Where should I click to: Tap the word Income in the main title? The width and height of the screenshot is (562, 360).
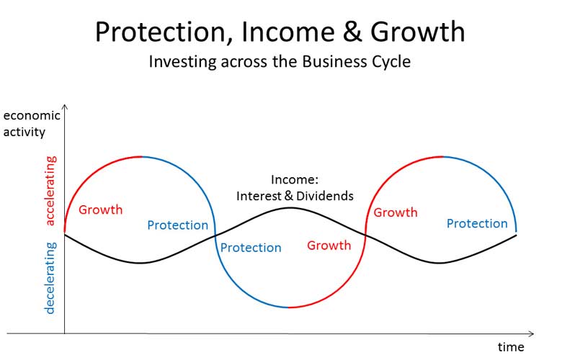(x=288, y=32)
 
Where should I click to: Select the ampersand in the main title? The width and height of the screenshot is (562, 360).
(x=352, y=32)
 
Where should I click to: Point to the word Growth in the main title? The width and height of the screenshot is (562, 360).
(x=418, y=32)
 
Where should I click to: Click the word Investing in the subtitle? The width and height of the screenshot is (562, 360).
(x=183, y=63)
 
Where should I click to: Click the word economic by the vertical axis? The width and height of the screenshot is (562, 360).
(x=32, y=116)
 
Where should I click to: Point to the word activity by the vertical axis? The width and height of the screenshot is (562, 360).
(x=24, y=132)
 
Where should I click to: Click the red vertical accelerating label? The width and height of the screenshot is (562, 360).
(x=51, y=191)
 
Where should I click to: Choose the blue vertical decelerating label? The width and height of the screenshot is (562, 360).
(x=50, y=278)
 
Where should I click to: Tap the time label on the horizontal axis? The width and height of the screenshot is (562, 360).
(x=511, y=347)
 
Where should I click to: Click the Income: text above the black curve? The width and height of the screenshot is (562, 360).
(x=295, y=179)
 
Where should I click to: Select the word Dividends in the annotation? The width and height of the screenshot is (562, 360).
(x=325, y=196)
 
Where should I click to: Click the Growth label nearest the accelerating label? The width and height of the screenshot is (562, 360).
(x=101, y=210)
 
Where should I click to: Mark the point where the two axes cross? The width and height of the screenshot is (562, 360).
(x=65, y=334)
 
